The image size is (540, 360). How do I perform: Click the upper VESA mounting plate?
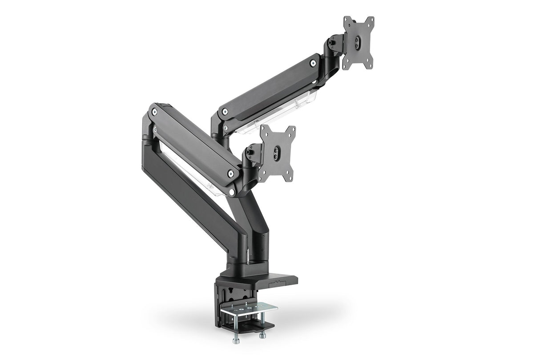tap(358, 43)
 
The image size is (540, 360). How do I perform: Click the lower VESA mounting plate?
tap(277, 154)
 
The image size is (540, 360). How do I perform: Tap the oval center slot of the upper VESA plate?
tap(359, 43)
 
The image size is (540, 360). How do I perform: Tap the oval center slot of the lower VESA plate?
tap(278, 153)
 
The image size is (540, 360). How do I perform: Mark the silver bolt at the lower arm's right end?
tap(230, 174)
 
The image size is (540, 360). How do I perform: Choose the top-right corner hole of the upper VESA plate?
tap(371, 20)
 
